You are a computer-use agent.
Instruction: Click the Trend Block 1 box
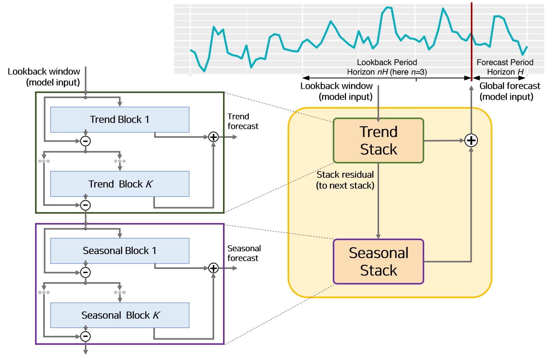pyautogui.click(x=120, y=119)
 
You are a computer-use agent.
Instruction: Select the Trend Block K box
pyautogui.click(x=120, y=184)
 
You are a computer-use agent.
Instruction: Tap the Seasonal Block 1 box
pyautogui.click(x=120, y=251)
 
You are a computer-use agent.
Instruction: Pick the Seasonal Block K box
pyautogui.click(x=120, y=315)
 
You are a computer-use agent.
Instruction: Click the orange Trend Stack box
pyautogui.click(x=378, y=140)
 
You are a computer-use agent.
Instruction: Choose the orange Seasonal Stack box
pyautogui.click(x=378, y=262)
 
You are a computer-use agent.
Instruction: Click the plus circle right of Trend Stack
pyautogui.click(x=471, y=140)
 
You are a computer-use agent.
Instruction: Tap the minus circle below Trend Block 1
pyautogui.click(x=86, y=141)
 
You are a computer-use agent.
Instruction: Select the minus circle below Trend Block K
pyautogui.click(x=86, y=205)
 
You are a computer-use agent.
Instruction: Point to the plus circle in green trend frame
pyautogui.click(x=213, y=137)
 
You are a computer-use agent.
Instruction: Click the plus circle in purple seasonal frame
pyautogui.click(x=213, y=268)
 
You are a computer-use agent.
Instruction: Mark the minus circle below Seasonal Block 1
pyautogui.click(x=86, y=272)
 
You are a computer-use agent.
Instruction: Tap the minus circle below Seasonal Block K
pyautogui.click(x=86, y=336)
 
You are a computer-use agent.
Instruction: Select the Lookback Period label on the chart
pyautogui.click(x=387, y=62)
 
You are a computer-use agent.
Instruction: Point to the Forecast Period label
pyautogui.click(x=505, y=62)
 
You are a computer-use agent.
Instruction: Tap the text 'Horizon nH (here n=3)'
pyautogui.click(x=387, y=72)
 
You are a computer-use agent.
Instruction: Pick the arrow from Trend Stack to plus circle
pyautogui.click(x=444, y=140)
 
